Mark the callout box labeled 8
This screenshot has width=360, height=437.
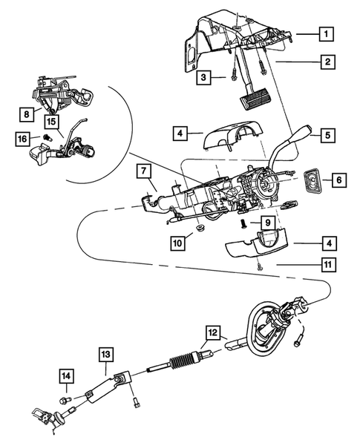pos(27,114)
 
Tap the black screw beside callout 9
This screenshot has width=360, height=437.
pos(243,222)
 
